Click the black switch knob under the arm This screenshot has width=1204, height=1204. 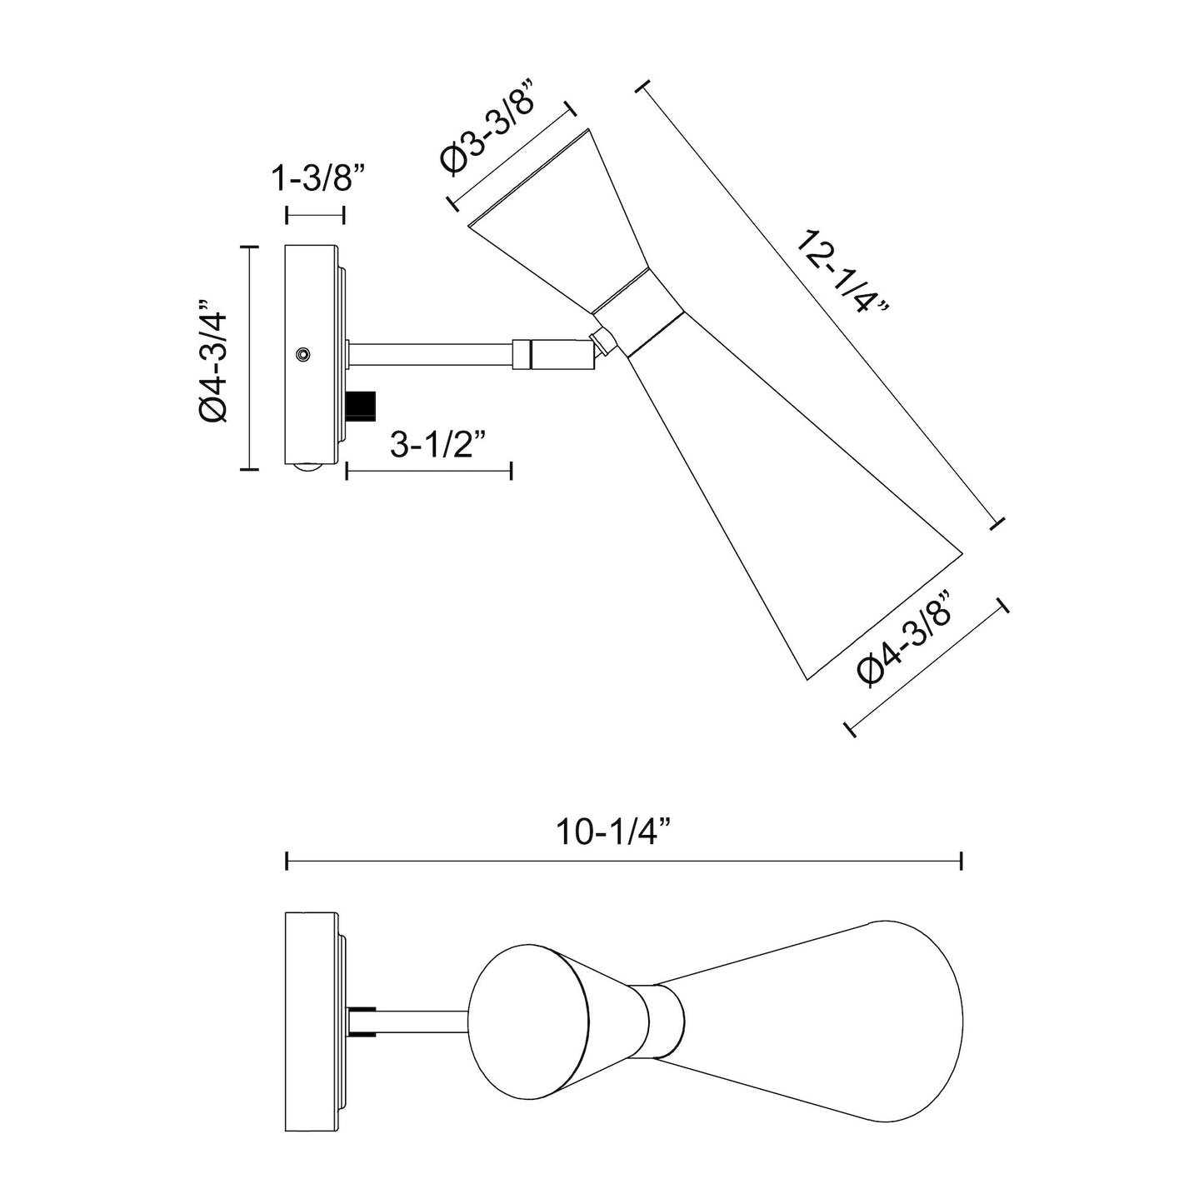coord(362,405)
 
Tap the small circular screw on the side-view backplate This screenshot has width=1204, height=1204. coord(302,355)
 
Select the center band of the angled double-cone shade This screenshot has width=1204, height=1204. coord(636,310)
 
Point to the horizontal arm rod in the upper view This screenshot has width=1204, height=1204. coord(429,353)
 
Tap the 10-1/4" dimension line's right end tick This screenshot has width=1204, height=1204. coord(962,861)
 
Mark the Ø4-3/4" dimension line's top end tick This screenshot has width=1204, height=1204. coord(248,247)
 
